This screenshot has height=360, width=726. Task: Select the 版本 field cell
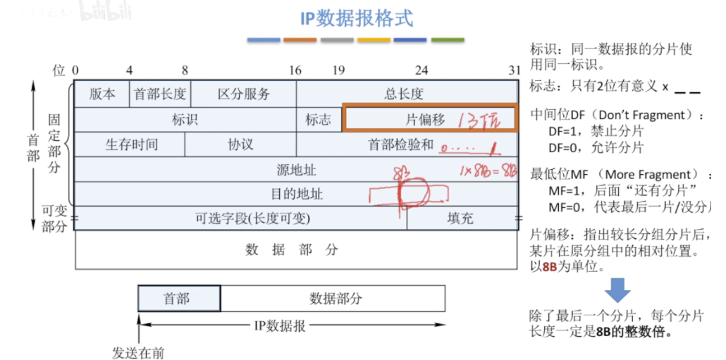click(102, 94)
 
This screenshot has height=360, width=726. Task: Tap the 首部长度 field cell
click(160, 94)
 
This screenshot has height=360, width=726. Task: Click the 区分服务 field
click(243, 94)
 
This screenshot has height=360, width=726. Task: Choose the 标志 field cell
click(318, 120)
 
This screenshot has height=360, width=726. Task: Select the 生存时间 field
click(131, 144)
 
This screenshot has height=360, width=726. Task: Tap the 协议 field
click(240, 144)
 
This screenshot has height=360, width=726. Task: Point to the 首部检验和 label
click(400, 144)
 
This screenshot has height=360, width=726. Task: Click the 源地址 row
click(296, 169)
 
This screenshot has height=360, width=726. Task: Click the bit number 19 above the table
click(338, 70)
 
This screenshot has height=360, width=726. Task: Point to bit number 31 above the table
click(515, 70)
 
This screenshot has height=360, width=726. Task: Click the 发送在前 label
click(137, 353)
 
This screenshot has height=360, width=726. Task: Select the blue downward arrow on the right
click(620, 290)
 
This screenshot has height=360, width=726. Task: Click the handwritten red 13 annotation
click(467, 121)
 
